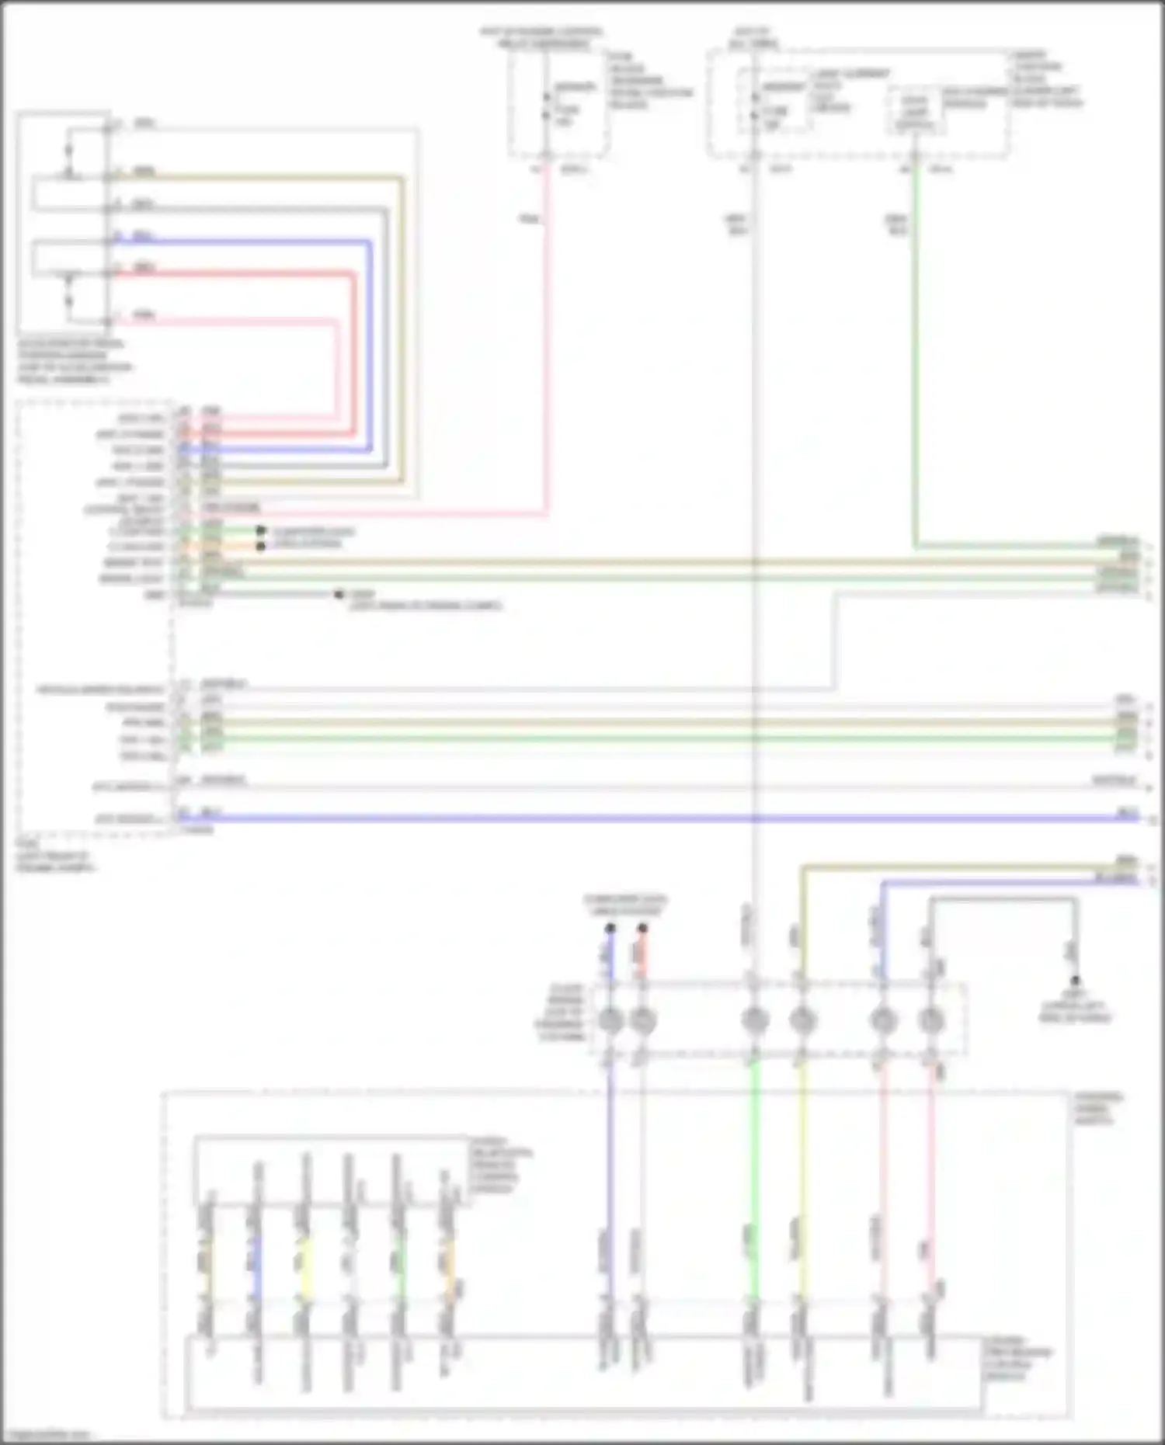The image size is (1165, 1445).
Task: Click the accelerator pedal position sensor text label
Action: (x=75, y=361)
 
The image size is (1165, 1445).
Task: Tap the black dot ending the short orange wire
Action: (x=261, y=547)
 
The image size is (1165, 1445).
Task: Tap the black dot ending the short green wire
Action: (x=261, y=531)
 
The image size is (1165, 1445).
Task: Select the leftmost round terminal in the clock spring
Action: (x=610, y=1019)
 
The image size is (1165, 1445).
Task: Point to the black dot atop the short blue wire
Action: (x=610, y=928)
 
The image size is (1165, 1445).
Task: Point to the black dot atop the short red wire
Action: (x=642, y=928)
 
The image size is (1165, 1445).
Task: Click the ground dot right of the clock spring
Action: (x=1076, y=981)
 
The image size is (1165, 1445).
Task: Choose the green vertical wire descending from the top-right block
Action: (x=916, y=349)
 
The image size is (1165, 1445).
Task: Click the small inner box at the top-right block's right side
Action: (x=914, y=113)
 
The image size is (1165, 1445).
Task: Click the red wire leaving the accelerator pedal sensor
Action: (x=233, y=273)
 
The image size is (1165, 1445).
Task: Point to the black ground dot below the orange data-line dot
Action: (x=339, y=595)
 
